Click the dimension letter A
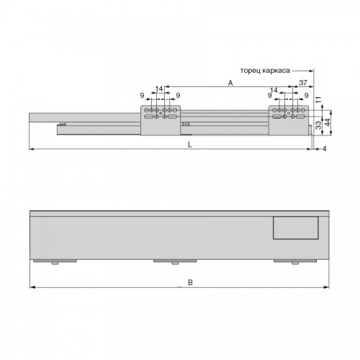coord(230,83)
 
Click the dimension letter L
coord(190,145)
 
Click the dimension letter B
coord(190,282)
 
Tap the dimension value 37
coord(303,83)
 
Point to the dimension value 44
coord(328,122)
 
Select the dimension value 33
coord(318,125)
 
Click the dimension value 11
coord(318,99)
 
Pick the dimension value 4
coord(324,149)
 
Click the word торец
coord(250,71)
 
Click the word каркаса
coord(276,71)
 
